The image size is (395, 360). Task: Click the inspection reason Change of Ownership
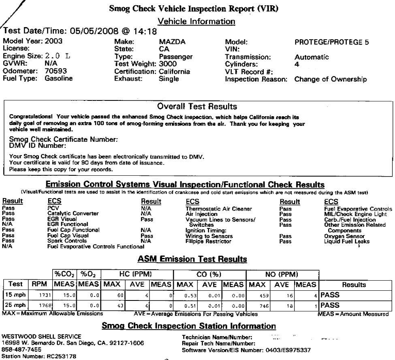click(330, 79)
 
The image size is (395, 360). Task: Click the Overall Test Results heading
click(197, 107)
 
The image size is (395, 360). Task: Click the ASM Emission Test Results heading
click(192, 259)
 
